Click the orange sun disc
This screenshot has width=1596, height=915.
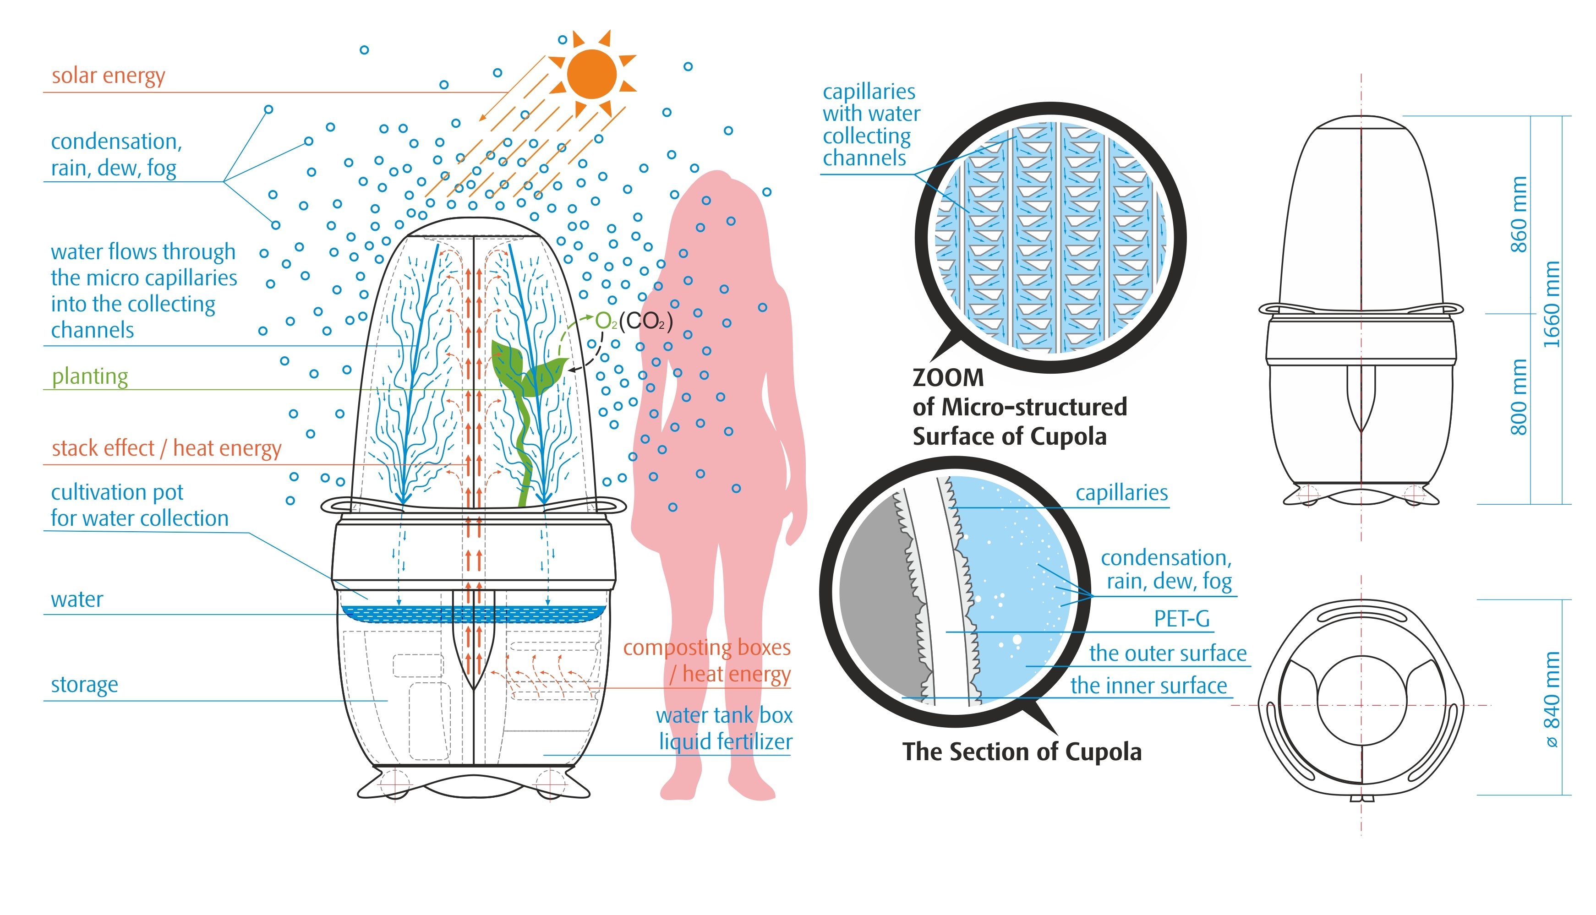point(591,74)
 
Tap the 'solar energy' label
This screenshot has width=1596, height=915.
point(108,76)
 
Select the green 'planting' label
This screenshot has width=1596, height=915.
point(90,376)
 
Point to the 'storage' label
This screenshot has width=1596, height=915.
point(84,684)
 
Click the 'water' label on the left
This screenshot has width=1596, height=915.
point(77,599)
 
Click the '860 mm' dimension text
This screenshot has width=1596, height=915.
point(1518,214)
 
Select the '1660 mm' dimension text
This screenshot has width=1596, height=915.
point(1552,304)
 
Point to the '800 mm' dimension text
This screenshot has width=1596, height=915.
point(1518,397)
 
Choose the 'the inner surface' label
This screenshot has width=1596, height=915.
point(1148,686)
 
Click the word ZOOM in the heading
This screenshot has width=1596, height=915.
point(948,378)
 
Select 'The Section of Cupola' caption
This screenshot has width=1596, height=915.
point(1022,752)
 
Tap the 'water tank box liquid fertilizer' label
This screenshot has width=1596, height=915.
point(724,728)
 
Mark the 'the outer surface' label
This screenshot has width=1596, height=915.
point(1167,654)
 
